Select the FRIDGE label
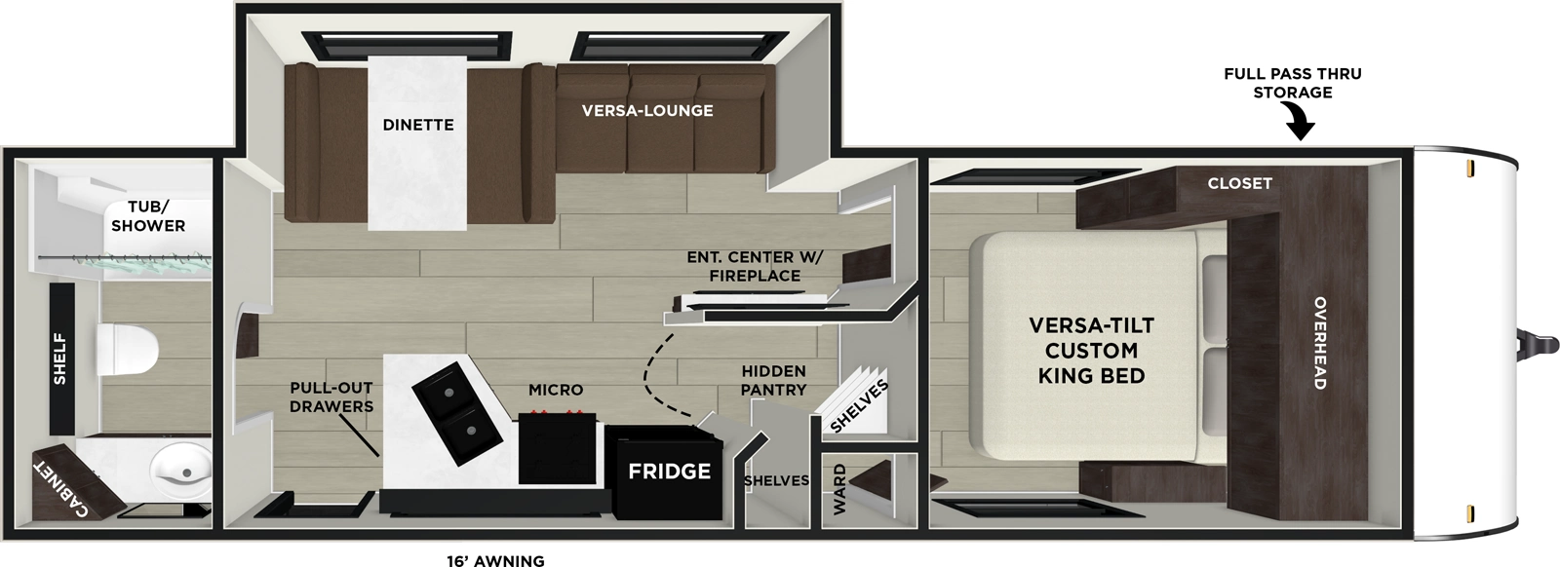(669, 472)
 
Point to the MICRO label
(556, 390)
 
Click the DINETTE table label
(418, 125)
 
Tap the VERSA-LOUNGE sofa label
(647, 110)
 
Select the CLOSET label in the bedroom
(1239, 183)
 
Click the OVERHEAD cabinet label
(1319, 343)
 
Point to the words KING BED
(1091, 376)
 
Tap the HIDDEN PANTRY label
(773, 380)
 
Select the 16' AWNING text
(490, 560)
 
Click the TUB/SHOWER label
(148, 215)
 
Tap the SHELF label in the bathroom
(60, 359)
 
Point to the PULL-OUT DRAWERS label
(331, 397)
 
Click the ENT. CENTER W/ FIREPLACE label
(756, 266)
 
